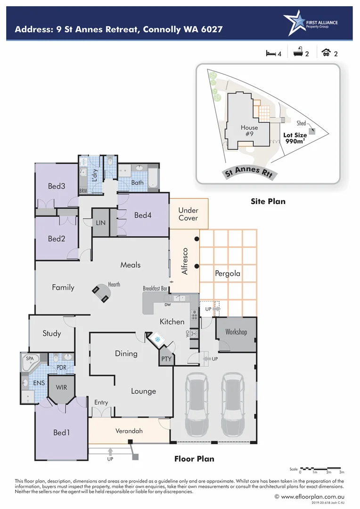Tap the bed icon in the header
tap(270, 53)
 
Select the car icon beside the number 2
tap(326, 53)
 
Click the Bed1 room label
tap(61, 432)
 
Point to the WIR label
tap(61, 387)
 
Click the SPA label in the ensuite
tap(30, 359)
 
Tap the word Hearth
tap(114, 284)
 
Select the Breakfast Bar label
tap(155, 288)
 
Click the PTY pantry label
tap(167, 359)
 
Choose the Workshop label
tap(236, 332)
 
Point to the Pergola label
tap(228, 273)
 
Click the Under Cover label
tap(188, 214)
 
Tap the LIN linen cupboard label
tap(100, 222)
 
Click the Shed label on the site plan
tap(301, 123)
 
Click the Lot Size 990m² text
tap(295, 138)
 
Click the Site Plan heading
tap(268, 201)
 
